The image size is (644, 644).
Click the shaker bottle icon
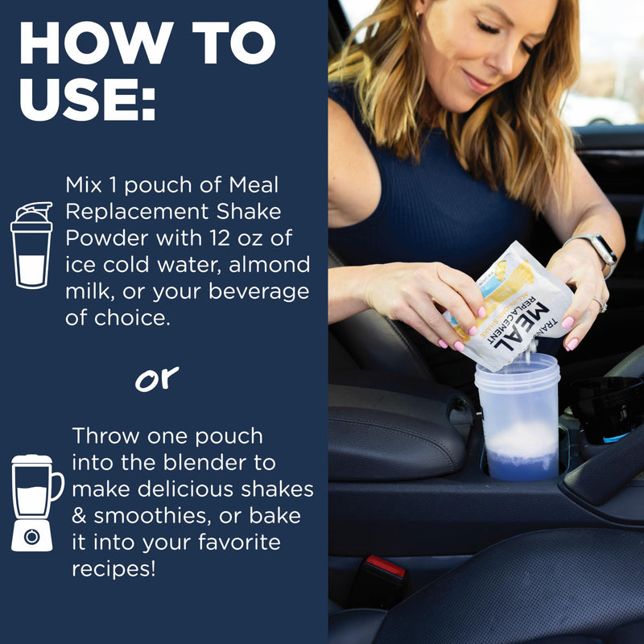click(31, 245)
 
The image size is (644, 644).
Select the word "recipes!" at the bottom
click(114, 569)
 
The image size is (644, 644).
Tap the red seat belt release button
click(386, 566)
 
